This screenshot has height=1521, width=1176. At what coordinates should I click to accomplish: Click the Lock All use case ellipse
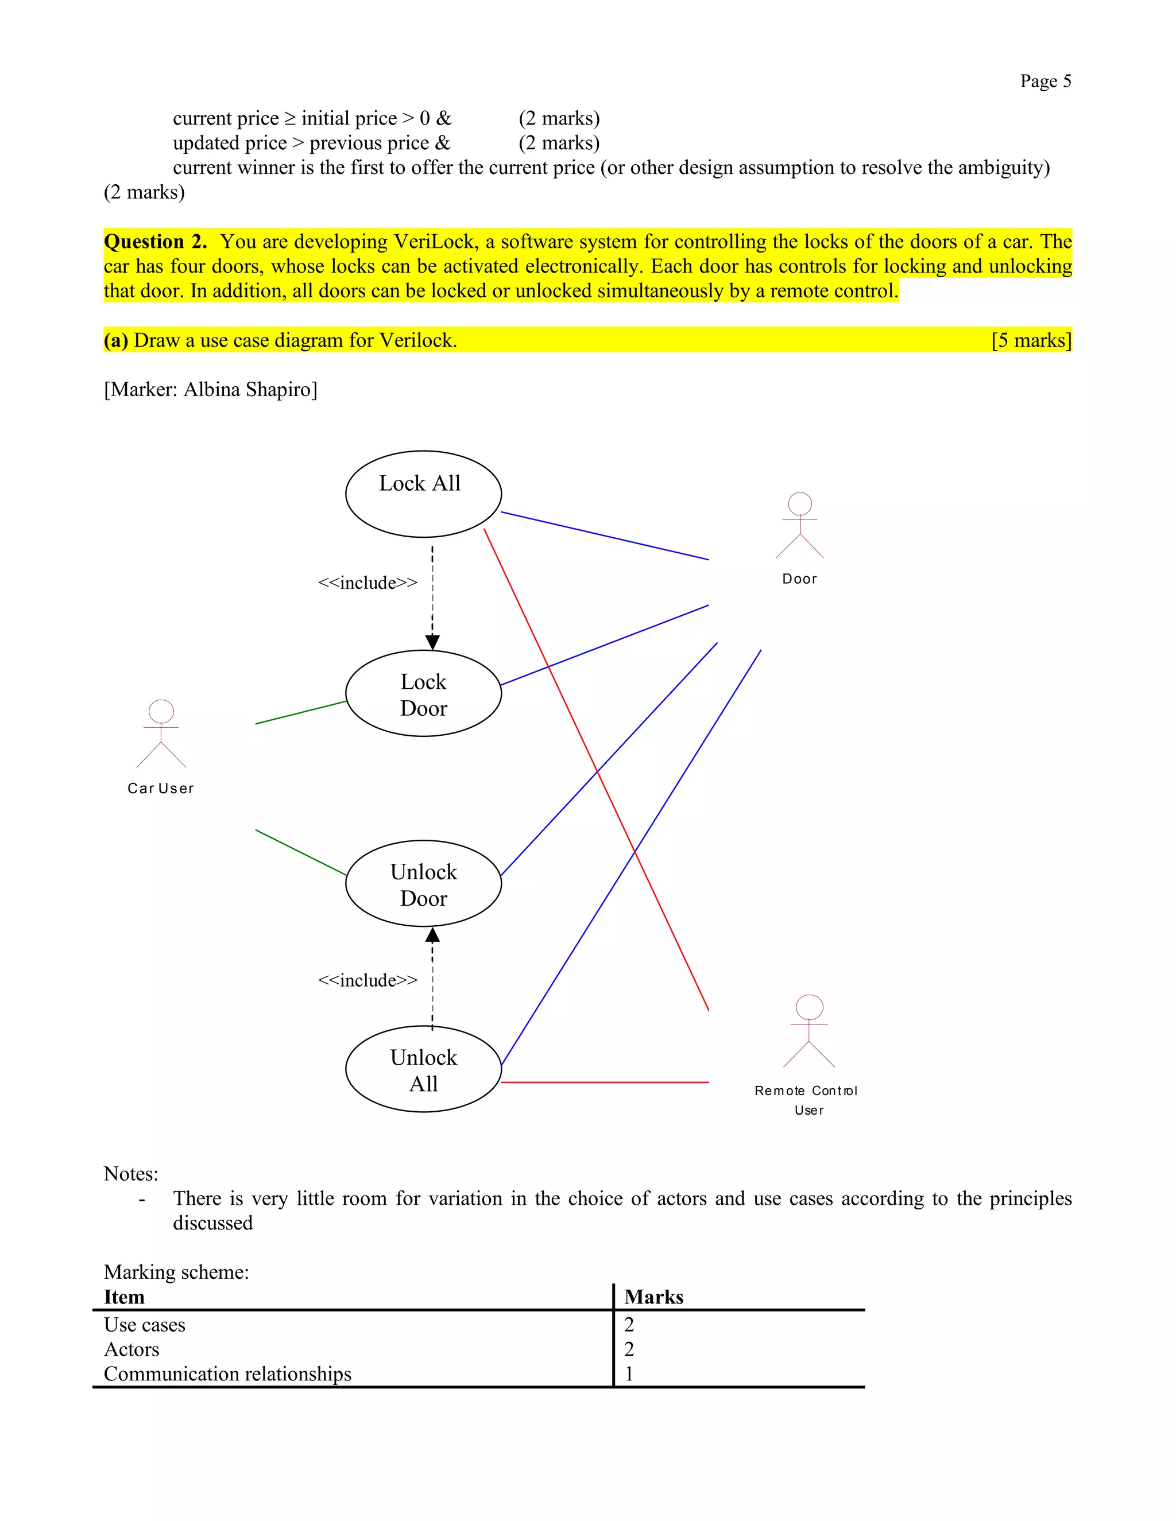click(423, 494)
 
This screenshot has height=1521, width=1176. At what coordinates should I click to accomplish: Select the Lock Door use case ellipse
click(423, 694)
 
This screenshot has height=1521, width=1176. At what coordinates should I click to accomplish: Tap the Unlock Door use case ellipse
click(423, 883)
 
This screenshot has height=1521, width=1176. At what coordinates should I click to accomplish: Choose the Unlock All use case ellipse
click(423, 1069)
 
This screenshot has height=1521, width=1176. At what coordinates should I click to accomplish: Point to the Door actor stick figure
click(800, 525)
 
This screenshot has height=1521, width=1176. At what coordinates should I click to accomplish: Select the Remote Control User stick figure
click(809, 1031)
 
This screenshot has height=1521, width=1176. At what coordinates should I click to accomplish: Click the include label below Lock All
click(367, 583)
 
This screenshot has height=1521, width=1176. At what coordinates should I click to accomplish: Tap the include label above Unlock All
click(367, 980)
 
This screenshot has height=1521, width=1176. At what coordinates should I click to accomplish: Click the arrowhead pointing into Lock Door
click(432, 642)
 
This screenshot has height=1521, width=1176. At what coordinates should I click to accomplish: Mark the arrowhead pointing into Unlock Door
click(432, 936)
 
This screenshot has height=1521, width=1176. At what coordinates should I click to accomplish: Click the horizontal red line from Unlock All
click(605, 1082)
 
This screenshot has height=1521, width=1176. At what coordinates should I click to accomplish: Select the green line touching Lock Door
click(301, 712)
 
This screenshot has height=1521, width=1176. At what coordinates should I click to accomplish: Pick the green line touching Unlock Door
click(301, 852)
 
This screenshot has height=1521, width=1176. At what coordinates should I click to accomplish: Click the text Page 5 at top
click(1045, 82)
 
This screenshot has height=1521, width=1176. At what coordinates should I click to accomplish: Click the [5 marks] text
click(1031, 340)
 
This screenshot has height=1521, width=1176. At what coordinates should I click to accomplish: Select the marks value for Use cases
click(629, 1325)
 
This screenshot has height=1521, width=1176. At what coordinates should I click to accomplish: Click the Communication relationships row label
click(228, 1374)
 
